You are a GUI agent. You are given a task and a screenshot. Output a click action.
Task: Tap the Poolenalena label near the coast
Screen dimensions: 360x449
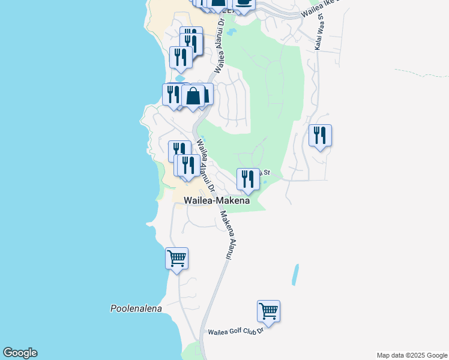[136, 308]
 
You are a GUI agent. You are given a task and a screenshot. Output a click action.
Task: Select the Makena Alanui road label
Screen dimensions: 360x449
[226, 235]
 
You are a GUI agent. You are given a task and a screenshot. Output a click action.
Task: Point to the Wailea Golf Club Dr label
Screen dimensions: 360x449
[235, 331]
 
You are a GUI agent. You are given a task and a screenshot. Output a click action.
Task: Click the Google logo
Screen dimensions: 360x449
[20, 353]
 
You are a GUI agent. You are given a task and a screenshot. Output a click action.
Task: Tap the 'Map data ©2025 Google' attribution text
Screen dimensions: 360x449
[412, 355]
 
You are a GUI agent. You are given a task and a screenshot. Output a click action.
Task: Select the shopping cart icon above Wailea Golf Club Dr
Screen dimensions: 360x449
[268, 311]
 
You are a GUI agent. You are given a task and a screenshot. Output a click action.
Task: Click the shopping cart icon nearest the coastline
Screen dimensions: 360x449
[176, 259]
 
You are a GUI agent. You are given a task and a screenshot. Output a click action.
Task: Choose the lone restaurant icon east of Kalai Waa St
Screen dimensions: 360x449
[320, 136]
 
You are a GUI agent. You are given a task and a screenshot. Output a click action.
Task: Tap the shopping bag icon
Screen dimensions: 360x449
[194, 96]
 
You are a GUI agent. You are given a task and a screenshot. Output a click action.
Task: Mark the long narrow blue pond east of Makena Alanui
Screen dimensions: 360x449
[295, 275]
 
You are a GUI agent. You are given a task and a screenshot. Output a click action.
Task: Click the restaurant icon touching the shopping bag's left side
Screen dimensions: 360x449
[172, 95]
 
